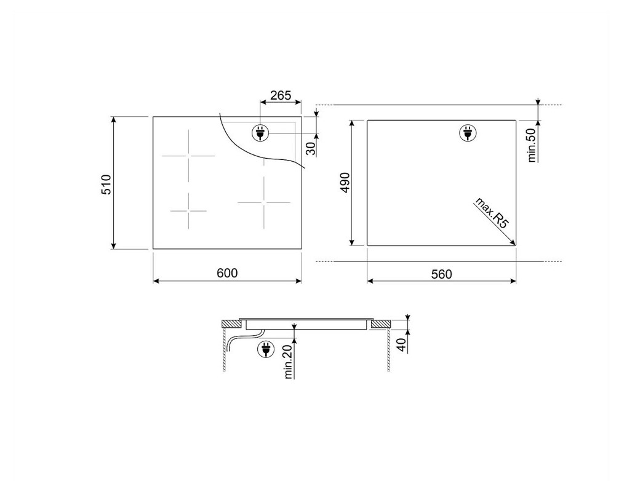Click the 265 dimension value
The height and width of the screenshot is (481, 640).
(x=281, y=95)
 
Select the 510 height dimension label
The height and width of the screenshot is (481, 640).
(x=106, y=185)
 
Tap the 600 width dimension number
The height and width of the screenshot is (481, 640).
(x=227, y=273)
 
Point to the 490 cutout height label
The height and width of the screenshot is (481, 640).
(x=345, y=183)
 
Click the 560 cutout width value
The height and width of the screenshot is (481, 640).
(x=442, y=274)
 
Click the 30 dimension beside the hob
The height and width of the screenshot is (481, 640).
(x=311, y=148)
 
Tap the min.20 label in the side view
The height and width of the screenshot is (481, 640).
(x=289, y=362)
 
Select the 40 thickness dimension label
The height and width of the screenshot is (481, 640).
(x=402, y=345)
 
